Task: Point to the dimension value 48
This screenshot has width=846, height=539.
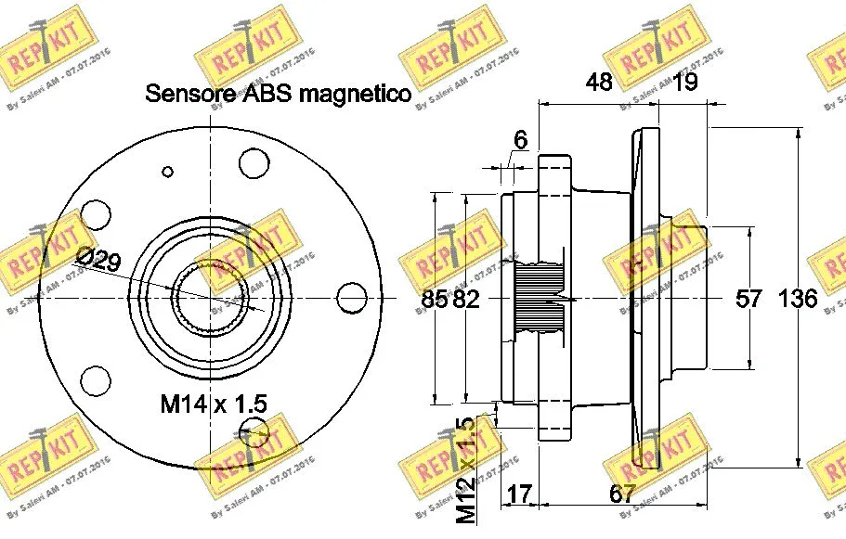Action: (x=599, y=82)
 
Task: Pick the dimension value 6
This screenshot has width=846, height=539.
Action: (x=520, y=140)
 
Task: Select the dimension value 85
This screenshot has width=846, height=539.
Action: (x=434, y=299)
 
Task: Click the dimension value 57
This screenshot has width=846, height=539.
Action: (x=748, y=299)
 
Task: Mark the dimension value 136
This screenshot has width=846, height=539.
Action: (x=798, y=299)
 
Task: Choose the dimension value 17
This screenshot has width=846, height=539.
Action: (x=520, y=494)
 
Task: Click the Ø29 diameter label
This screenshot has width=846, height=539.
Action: (x=98, y=261)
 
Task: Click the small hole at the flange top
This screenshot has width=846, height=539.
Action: (x=168, y=171)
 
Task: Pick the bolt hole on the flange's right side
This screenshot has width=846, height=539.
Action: (x=353, y=298)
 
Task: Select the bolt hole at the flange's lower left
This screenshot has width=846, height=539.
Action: (x=96, y=380)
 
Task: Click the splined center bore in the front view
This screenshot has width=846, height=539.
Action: (x=209, y=296)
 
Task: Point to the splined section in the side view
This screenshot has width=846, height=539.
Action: (x=540, y=298)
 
